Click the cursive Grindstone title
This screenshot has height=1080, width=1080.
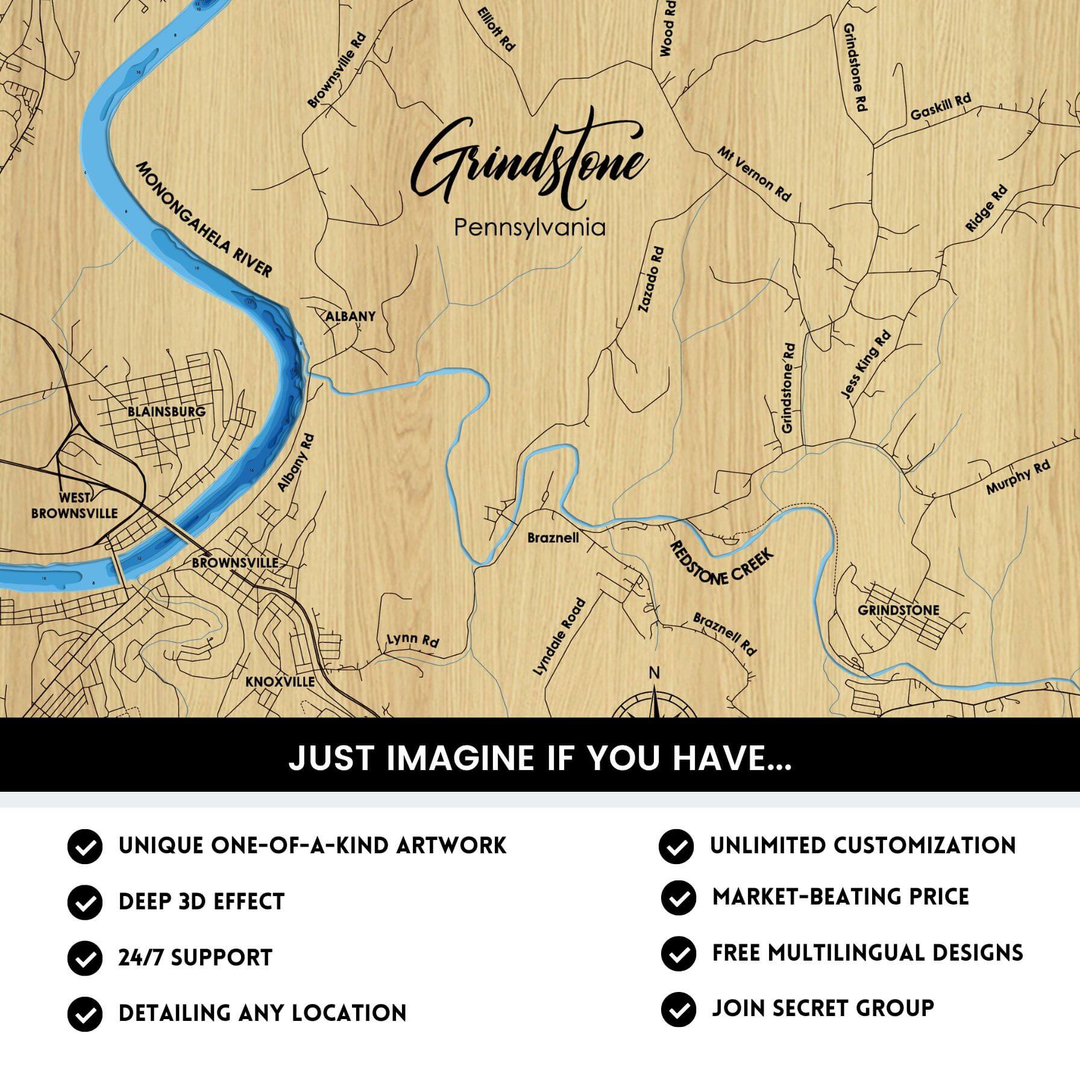530,163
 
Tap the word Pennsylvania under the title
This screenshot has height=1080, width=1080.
529,228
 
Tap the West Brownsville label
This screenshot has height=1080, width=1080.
75,506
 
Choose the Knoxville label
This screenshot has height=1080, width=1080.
280,681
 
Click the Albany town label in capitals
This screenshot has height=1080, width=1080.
350,316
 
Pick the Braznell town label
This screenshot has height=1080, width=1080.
553,537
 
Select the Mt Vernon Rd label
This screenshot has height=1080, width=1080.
753,174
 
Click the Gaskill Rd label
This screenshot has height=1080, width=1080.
940,107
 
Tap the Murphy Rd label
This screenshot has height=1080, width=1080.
1018,478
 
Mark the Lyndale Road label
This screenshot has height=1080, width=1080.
559,636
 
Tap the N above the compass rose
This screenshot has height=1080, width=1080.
654,673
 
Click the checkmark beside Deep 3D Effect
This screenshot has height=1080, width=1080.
84,902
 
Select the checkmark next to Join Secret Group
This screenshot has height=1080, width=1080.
678,1009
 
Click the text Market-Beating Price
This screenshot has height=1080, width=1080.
840,897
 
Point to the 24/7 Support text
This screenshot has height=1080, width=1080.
195,958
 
